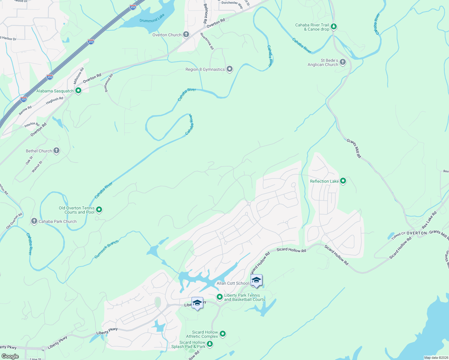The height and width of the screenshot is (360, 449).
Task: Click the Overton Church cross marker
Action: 186,34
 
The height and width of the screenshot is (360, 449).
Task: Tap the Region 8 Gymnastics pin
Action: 230,69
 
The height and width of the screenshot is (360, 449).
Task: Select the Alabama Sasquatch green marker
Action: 78,90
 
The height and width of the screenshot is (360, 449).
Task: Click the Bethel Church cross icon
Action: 56,151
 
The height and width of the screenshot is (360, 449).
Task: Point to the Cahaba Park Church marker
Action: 34,221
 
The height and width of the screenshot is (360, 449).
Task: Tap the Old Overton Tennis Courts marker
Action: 99,210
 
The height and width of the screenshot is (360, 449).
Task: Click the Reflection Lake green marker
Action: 343,181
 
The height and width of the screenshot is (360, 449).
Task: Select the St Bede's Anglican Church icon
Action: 343,62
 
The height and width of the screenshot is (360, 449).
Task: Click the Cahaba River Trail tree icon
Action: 333,27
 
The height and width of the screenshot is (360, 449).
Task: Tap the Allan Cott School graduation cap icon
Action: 256,280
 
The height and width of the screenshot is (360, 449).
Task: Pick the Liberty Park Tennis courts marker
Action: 220,297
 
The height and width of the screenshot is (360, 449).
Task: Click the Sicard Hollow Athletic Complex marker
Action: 222,334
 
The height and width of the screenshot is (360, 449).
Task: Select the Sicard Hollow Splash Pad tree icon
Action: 210,344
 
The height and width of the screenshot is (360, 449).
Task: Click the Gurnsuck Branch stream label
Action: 107,249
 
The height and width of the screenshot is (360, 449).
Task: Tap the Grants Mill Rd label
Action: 354,148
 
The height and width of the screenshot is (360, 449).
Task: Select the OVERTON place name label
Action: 417,233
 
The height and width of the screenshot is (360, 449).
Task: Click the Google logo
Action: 10,356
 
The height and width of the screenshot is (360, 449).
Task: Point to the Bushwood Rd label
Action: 108,83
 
